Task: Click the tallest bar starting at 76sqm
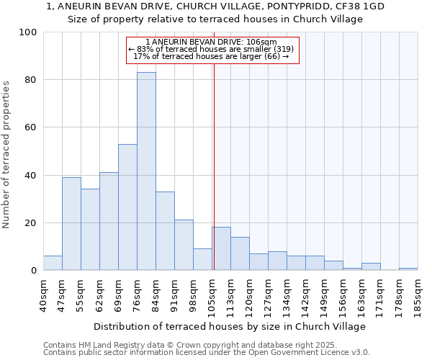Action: [x=146, y=171]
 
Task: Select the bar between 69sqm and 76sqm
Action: [x=127, y=207]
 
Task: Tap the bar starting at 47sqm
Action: [x=71, y=224]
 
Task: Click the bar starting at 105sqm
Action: [x=221, y=249]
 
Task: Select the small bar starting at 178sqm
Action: [x=408, y=269]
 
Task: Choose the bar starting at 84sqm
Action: [x=165, y=231]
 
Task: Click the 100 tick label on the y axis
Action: [x=28, y=32]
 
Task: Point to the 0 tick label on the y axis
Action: [x=34, y=271]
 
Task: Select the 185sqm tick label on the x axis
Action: [x=418, y=295]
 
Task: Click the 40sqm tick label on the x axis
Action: [x=43, y=295]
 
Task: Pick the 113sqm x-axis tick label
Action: [x=230, y=295]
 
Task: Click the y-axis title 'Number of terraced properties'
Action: [x=6, y=155]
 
